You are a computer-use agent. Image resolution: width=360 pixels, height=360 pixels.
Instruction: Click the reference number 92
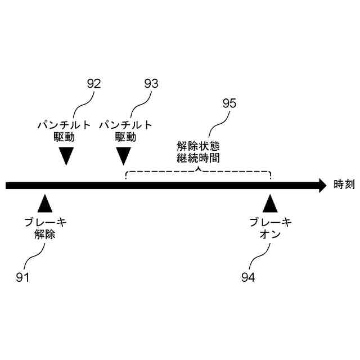pyautogui.click(x=94, y=84)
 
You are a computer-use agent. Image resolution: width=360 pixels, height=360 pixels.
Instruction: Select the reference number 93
pyautogui.click(x=151, y=84)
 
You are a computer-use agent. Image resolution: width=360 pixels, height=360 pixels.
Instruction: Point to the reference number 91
pyautogui.click(x=22, y=277)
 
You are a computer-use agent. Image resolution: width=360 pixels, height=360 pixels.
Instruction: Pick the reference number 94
pyautogui.click(x=248, y=277)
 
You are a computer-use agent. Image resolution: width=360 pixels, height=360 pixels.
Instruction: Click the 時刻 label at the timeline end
pyautogui.click(x=344, y=184)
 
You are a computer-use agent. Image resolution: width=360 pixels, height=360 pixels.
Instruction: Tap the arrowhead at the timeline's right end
pyautogui.click(x=322, y=185)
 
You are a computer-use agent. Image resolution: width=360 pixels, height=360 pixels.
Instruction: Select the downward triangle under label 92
pyautogui.click(x=67, y=155)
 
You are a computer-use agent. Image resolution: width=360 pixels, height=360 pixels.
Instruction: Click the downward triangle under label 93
pyautogui.click(x=124, y=155)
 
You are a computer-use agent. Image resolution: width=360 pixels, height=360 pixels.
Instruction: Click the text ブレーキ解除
pyautogui.click(x=45, y=228)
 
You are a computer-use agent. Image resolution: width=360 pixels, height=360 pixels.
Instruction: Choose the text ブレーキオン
pyautogui.click(x=271, y=228)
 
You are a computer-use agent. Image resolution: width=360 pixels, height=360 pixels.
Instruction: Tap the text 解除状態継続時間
pyautogui.click(x=198, y=152)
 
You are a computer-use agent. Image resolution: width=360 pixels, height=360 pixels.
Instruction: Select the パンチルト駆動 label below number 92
pyautogui.click(x=67, y=130)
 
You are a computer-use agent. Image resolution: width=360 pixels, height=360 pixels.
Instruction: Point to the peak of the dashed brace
pyautogui.click(x=198, y=167)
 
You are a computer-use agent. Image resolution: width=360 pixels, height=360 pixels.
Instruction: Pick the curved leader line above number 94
pyautogui.click(x=260, y=256)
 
